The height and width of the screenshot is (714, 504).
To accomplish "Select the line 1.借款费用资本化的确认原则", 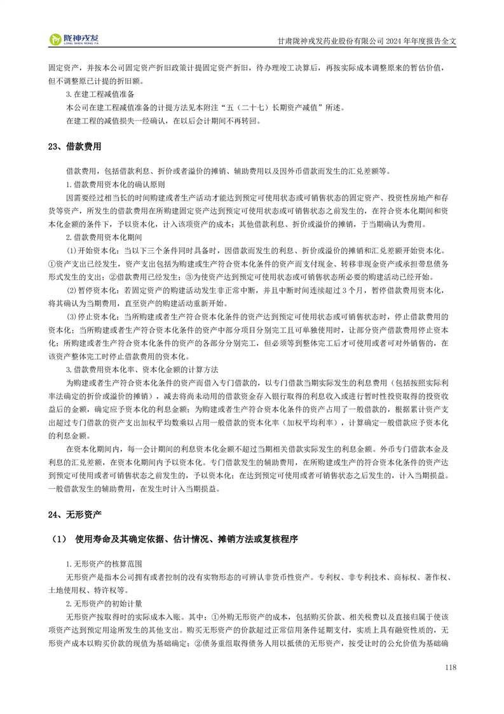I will coord(116,185).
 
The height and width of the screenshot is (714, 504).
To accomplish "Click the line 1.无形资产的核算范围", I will coord(104,564).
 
